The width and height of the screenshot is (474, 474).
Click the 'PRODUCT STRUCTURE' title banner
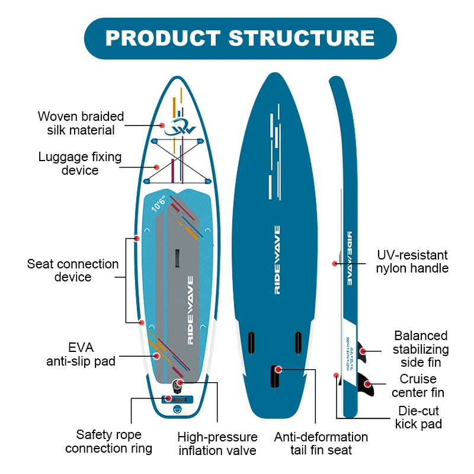(x=240, y=39)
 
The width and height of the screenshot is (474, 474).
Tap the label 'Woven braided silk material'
(x=81, y=123)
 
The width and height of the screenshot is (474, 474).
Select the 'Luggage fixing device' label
(x=80, y=164)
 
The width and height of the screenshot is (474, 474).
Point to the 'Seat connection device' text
(x=73, y=270)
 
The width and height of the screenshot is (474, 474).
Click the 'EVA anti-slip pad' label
(x=81, y=354)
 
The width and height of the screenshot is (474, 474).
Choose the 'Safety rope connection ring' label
(x=108, y=441)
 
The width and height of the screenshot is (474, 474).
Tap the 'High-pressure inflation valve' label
(x=217, y=444)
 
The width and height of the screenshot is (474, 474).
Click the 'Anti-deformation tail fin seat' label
(x=321, y=444)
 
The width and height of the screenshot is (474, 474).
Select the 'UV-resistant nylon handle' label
(x=412, y=261)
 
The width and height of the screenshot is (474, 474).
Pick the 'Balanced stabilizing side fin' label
(x=421, y=349)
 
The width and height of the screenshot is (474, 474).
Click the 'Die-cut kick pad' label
(x=418, y=417)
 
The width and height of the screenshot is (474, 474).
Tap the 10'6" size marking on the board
(x=159, y=204)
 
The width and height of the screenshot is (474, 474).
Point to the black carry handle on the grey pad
(x=176, y=258)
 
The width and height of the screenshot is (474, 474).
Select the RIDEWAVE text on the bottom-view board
(x=277, y=260)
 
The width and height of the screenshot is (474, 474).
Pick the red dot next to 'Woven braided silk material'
(x=162, y=125)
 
